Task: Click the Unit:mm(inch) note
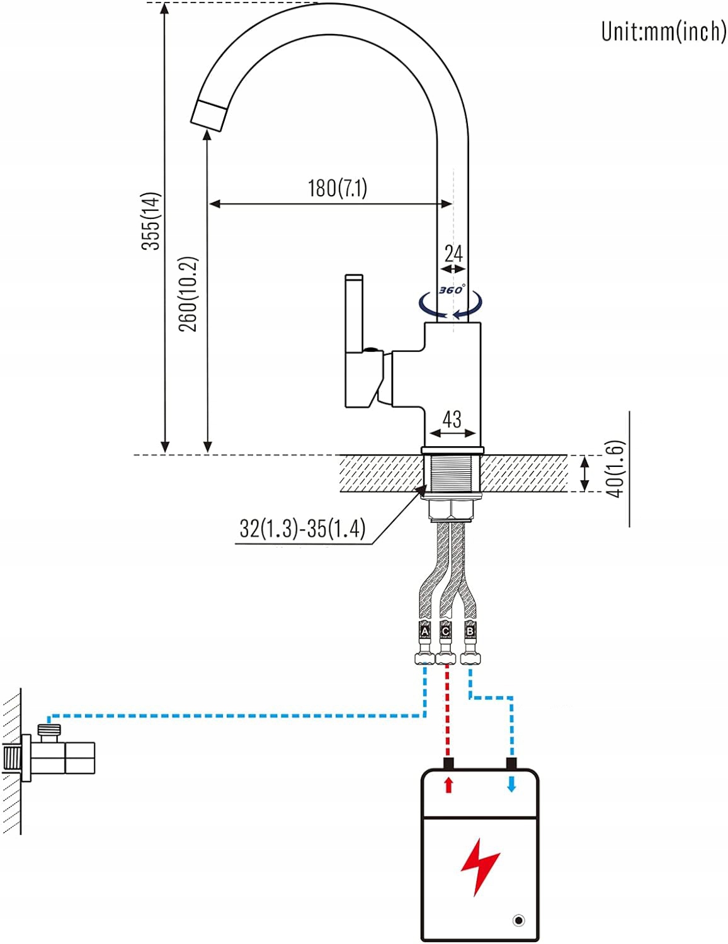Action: click(x=663, y=31)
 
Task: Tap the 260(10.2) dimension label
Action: click(x=188, y=293)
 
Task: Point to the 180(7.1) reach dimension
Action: click(x=337, y=188)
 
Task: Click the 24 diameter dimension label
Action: click(x=453, y=254)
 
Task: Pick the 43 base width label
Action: click(x=452, y=419)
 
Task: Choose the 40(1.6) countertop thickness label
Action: click(x=616, y=468)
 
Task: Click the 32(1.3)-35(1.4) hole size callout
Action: click(x=302, y=528)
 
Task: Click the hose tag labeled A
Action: click(x=424, y=631)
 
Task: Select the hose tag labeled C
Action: click(x=446, y=631)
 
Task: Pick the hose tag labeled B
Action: click(x=469, y=631)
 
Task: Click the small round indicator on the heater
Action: click(x=518, y=921)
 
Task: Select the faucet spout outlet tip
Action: click(x=208, y=116)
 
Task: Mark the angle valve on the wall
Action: click(x=57, y=752)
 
